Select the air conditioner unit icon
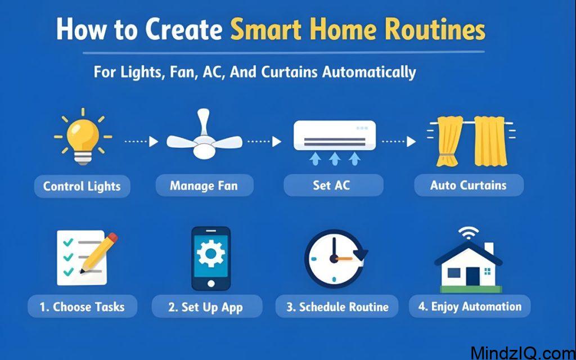(335, 137)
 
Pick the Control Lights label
(82, 186)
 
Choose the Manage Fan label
(204, 186)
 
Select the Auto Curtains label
(469, 185)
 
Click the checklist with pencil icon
(84, 258)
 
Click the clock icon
(335, 258)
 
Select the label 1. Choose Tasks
(82, 307)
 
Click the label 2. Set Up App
(206, 307)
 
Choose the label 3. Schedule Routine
(336, 307)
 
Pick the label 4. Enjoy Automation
(469, 307)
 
